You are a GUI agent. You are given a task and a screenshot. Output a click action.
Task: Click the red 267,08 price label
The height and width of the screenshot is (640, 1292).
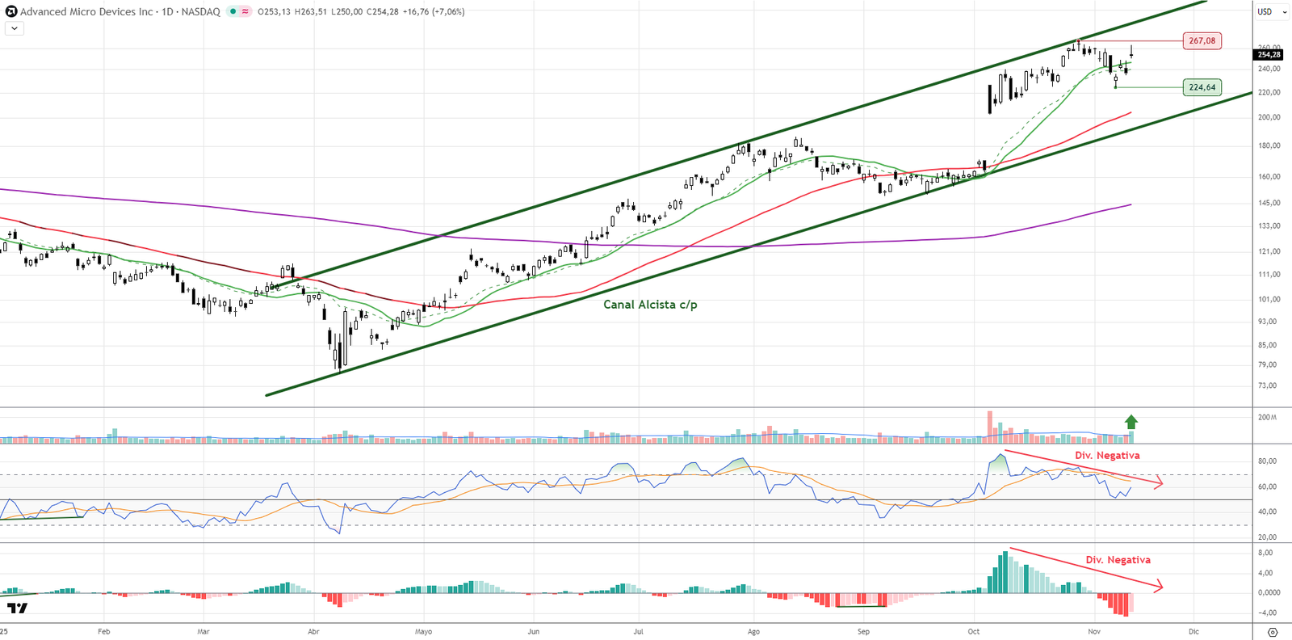1202,40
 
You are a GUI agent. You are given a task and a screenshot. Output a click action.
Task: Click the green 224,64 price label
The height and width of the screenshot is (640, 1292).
1202,87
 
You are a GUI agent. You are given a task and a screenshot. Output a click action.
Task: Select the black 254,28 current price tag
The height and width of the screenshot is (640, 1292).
1269,55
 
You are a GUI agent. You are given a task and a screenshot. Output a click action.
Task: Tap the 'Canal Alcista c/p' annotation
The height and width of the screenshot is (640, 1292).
650,305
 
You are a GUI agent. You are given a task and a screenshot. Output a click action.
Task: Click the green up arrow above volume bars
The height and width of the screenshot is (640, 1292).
1131,422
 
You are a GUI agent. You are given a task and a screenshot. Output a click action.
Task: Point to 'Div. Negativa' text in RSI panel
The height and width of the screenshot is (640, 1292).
1107,456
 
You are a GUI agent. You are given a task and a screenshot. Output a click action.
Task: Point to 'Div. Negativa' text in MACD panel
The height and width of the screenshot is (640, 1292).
1118,560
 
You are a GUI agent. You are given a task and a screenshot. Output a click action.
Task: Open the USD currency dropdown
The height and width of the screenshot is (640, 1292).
1272,11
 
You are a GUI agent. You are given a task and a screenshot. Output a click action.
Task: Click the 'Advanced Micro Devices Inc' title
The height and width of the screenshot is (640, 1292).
86,11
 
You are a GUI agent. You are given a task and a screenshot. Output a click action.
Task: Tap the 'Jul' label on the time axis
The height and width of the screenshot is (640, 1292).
638,631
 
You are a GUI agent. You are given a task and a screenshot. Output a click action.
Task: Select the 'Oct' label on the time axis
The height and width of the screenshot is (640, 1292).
973,631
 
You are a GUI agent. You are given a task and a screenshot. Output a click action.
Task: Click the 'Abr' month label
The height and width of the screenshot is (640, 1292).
313,631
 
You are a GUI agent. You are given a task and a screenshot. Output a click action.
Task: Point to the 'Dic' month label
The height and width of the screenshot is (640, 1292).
1193,631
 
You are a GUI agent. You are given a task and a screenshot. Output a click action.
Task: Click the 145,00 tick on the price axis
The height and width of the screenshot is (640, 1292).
1269,203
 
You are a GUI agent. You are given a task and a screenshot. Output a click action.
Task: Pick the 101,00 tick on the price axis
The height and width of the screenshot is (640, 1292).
1269,299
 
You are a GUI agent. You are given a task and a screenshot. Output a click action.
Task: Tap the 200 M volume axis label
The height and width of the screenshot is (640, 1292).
1267,417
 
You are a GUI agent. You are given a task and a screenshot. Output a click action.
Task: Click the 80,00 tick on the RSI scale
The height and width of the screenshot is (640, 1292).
1267,461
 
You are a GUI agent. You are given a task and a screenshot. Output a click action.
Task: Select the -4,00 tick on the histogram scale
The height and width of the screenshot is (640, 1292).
1267,613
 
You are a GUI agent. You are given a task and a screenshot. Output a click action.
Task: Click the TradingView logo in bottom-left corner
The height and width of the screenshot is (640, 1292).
17,608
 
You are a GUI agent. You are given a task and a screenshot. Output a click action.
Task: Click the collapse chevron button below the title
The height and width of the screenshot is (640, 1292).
15,28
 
